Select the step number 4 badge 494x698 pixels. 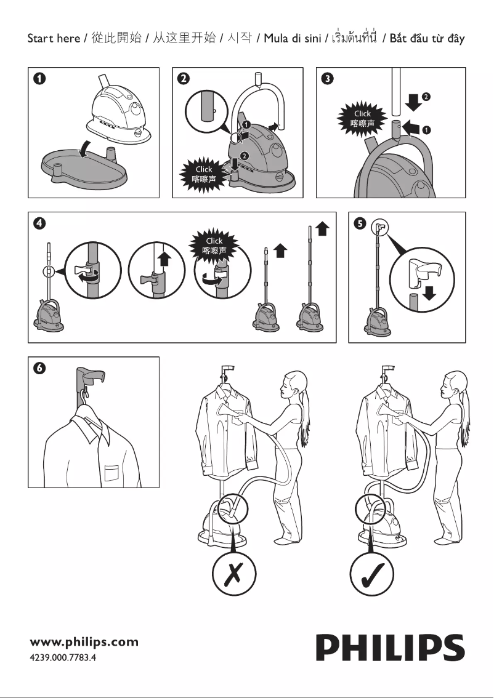(39, 223)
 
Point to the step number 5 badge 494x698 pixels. (360, 223)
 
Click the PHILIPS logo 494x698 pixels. (390, 649)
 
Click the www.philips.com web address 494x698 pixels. (84, 642)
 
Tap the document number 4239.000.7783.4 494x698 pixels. (63, 657)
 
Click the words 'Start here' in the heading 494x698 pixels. (54, 39)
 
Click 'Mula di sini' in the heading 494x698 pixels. (293, 39)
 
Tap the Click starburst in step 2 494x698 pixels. (203, 174)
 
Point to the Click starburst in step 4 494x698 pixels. (214, 246)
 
